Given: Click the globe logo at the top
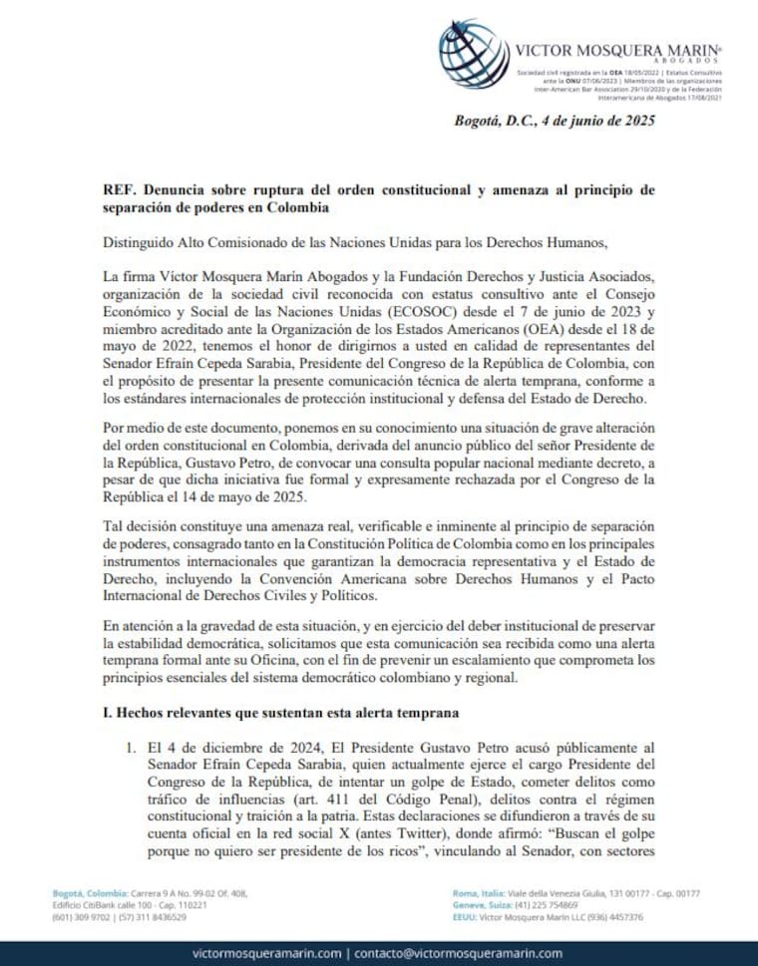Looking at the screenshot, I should pos(473,53).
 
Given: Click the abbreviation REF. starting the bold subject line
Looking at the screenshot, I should pos(120,190).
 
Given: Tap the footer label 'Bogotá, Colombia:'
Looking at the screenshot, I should pos(84,893).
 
